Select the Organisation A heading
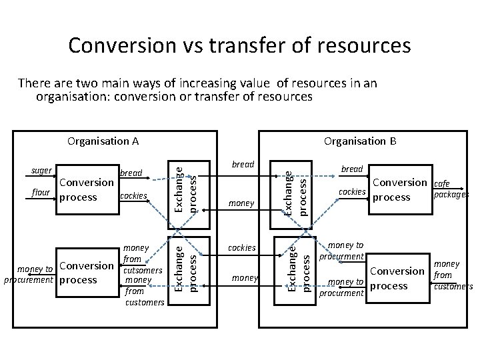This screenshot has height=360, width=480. [103, 141]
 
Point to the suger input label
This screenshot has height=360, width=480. [41, 171]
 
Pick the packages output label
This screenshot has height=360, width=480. [451, 195]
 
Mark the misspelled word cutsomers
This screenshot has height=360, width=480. [142, 271]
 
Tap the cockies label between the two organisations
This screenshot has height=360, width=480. [242, 247]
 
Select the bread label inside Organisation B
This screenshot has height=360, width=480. [351, 169]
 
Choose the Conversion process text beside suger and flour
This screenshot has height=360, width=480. [86, 189]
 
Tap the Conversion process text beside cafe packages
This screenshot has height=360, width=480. [399, 189]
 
